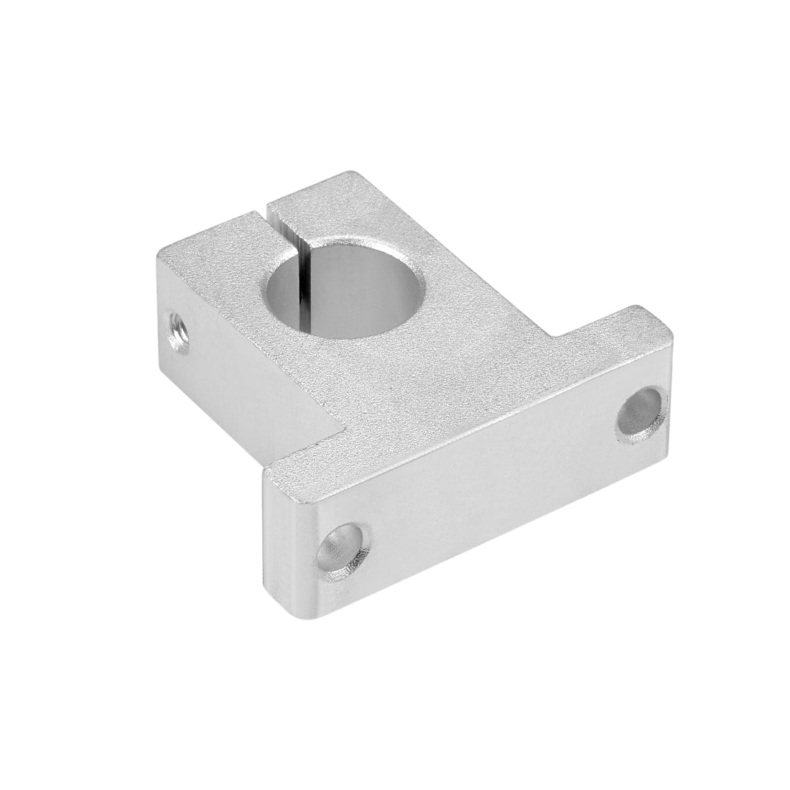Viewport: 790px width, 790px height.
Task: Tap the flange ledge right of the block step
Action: click(x=610, y=338)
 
